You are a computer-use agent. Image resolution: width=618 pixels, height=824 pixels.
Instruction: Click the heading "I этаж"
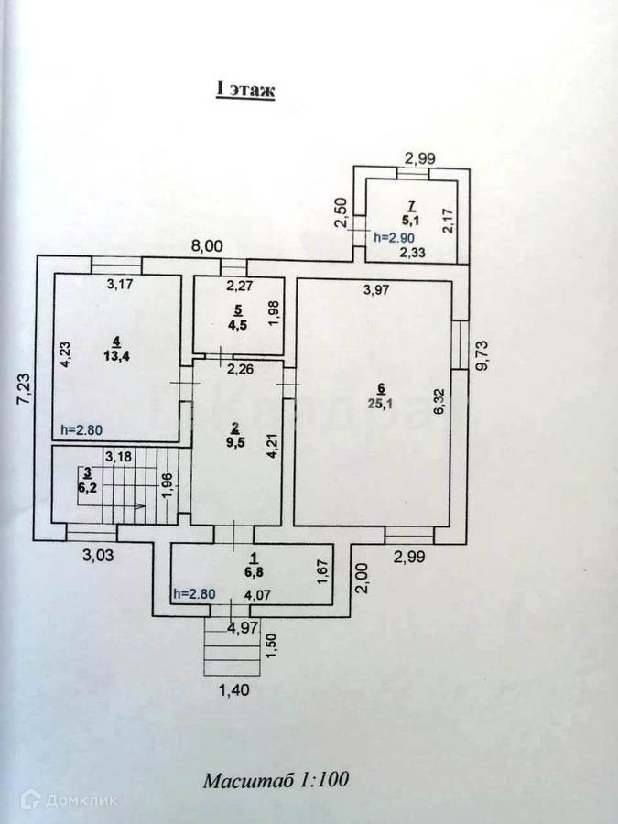244,90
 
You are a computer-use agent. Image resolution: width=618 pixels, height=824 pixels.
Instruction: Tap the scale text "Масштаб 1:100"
276,781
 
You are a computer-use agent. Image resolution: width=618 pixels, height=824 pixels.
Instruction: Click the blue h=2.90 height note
395,237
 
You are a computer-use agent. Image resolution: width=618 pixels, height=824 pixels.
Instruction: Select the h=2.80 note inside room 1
193,592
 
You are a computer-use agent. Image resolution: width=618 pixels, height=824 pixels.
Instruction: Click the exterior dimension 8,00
205,245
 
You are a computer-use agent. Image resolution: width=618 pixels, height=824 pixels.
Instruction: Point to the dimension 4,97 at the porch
242,627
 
